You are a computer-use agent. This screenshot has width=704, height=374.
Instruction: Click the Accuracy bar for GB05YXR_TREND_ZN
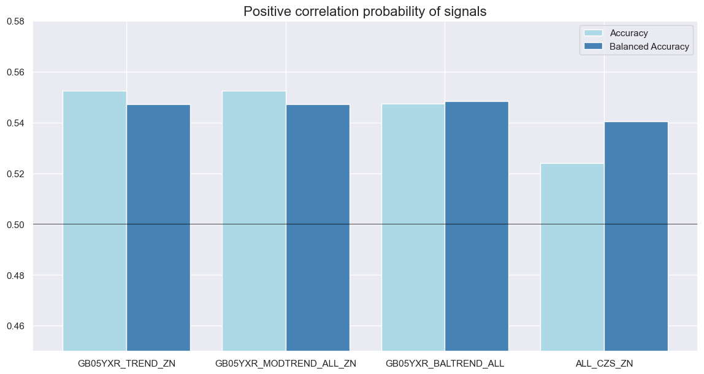(x=94, y=221)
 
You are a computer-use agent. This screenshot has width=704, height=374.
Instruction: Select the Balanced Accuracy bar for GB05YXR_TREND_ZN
(x=158, y=227)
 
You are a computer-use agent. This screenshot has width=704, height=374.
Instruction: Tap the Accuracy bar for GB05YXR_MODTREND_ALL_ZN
(x=254, y=221)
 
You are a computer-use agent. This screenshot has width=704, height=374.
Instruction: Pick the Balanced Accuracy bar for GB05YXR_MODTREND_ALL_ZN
(x=318, y=227)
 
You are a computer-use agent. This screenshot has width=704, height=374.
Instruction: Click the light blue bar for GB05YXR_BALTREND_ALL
(x=413, y=227)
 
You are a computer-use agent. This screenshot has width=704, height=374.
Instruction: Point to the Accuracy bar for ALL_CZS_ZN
(x=573, y=257)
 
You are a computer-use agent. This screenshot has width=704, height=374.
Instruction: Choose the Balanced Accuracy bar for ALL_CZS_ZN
(x=637, y=236)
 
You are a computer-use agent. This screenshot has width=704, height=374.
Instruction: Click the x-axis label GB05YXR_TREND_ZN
(x=126, y=364)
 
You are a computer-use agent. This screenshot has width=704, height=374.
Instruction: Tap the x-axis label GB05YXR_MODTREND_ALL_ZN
(x=286, y=364)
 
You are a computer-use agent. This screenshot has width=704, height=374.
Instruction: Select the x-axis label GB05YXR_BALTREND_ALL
(x=445, y=364)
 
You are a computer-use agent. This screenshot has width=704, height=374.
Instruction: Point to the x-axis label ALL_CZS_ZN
(x=605, y=364)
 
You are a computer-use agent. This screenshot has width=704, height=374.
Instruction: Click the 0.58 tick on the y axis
(x=15, y=21)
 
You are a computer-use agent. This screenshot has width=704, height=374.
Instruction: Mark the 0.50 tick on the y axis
(x=15, y=224)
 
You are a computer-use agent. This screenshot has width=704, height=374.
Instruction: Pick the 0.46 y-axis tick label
(x=15, y=326)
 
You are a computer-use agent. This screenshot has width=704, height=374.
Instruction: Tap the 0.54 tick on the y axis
(x=15, y=123)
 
